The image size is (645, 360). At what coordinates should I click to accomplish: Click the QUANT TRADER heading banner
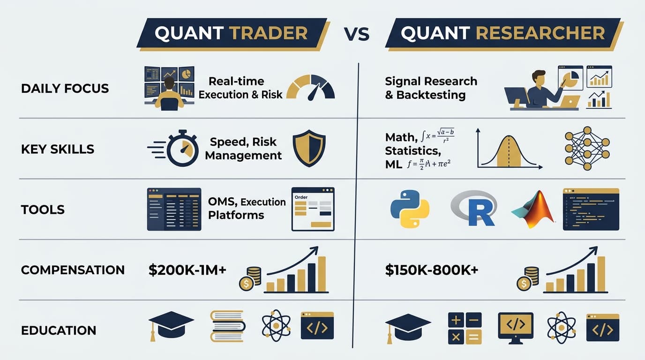pyautogui.click(x=232, y=33)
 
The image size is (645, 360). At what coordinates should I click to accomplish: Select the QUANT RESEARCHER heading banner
pyautogui.click(x=503, y=33)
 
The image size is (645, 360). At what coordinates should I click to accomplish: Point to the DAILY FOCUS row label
pyautogui.click(x=65, y=88)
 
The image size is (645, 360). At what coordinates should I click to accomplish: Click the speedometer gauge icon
pyautogui.click(x=310, y=86)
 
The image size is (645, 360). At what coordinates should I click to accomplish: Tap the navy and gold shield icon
pyautogui.click(x=309, y=149)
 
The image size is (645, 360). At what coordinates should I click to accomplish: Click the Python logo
pyautogui.click(x=410, y=209)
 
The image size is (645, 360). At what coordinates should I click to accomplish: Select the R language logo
pyautogui.click(x=474, y=209)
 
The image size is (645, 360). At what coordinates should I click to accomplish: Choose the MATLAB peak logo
pyautogui.click(x=533, y=210)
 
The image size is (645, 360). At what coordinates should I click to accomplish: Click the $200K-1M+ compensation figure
pyautogui.click(x=187, y=270)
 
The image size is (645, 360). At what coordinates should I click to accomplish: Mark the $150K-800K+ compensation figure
pyautogui.click(x=431, y=270)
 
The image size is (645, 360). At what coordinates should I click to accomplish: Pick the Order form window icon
pyautogui.click(x=313, y=209)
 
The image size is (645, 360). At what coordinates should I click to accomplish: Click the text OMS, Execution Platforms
pyautogui.click(x=247, y=209)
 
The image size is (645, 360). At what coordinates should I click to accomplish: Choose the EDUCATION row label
pyautogui.click(x=59, y=330)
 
